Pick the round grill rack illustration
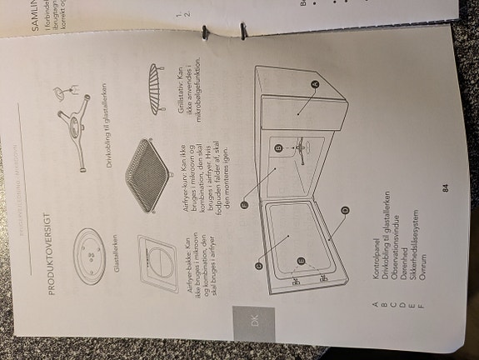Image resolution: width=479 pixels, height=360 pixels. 152,84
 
